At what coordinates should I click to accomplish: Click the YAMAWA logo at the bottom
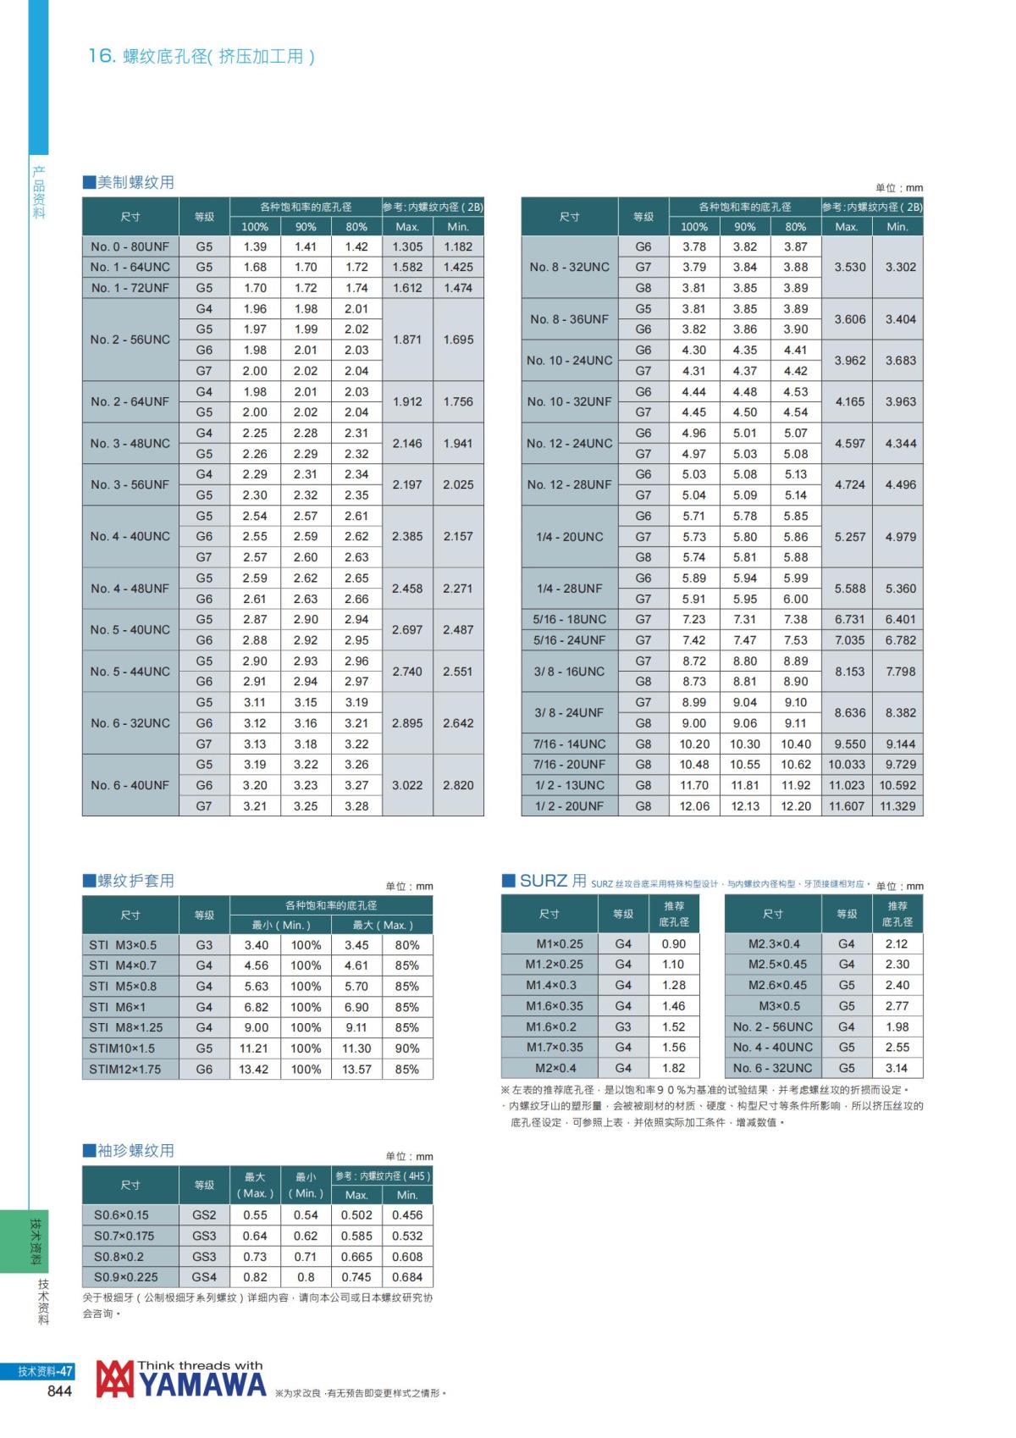[181, 1380]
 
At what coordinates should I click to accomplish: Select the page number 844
[59, 1391]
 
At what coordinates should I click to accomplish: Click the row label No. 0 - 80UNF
[130, 246]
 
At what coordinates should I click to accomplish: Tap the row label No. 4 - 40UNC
[130, 536]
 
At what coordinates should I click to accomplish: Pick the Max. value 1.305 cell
[407, 246]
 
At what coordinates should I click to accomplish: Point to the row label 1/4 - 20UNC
[570, 536]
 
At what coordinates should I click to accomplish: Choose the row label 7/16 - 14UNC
[570, 744]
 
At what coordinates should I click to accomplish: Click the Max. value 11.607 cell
[847, 806]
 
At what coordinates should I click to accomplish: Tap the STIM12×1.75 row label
[125, 1070]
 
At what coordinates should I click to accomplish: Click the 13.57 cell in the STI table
[356, 1070]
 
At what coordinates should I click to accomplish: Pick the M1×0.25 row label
[560, 943]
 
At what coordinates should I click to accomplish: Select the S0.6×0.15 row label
[121, 1214]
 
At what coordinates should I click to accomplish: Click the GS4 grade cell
[204, 1277]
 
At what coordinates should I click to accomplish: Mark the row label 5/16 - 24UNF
[570, 640]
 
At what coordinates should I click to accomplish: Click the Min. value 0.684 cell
[407, 1277]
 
